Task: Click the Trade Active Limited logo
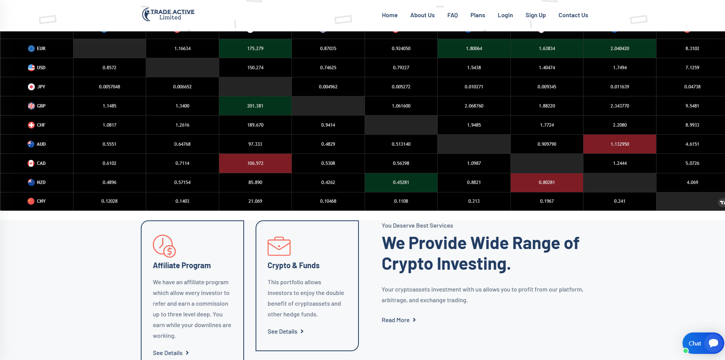168,15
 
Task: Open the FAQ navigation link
453,15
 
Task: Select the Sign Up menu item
536,15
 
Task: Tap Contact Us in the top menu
573,15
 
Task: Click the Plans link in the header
478,15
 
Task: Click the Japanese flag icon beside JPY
31,87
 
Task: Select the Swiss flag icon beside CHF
31,125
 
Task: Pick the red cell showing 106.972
255,163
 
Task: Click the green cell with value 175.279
255,49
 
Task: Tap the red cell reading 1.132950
620,144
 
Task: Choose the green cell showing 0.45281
401,182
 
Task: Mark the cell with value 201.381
255,106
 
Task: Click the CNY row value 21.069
255,201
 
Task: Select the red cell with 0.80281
547,182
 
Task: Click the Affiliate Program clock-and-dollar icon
164,246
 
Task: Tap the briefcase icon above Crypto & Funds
279,246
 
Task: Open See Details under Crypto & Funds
285,332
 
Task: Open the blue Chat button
703,343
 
